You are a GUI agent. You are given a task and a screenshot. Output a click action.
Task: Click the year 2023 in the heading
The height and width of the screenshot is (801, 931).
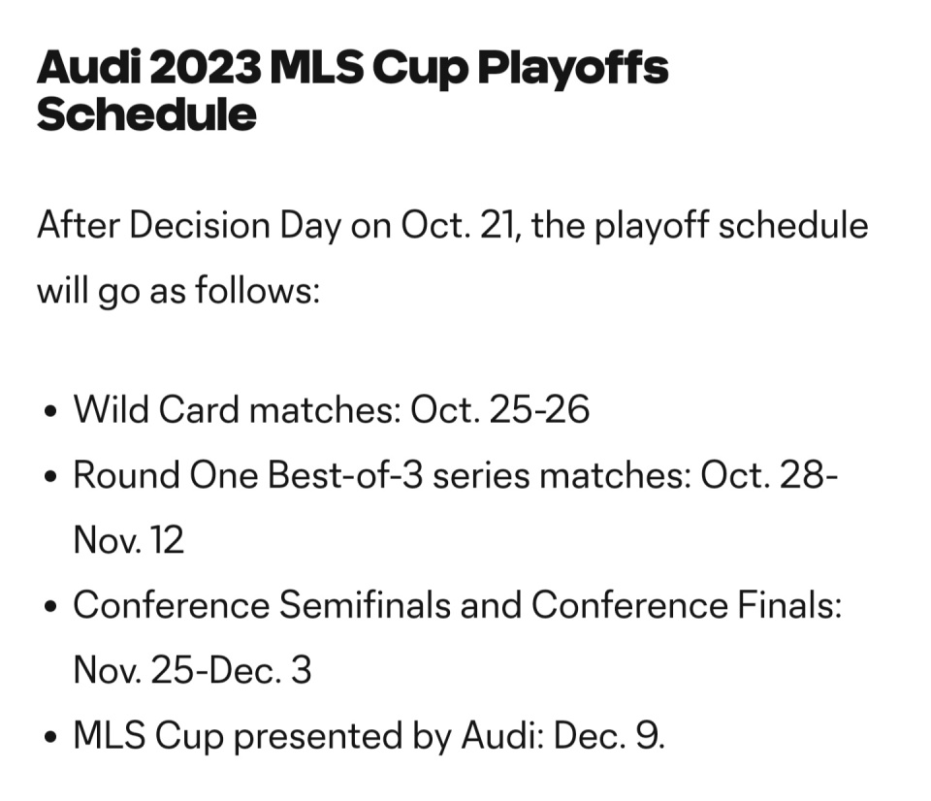tap(206, 68)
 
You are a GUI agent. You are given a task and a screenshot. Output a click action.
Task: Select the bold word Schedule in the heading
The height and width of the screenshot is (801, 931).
tap(146, 114)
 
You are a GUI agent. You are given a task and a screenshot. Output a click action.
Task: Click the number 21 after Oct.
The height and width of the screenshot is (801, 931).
tap(500, 226)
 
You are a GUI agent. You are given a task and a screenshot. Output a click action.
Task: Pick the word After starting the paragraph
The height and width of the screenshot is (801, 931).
tap(79, 226)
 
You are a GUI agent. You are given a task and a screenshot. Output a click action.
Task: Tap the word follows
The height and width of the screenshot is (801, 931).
tap(257, 291)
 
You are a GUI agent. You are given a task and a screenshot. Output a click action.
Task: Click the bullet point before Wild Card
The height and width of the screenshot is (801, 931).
tap(51, 411)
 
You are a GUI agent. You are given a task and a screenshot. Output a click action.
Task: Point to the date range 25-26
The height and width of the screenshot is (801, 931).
tap(539, 409)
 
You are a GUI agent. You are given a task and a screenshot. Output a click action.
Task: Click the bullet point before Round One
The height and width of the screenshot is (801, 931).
tap(51, 477)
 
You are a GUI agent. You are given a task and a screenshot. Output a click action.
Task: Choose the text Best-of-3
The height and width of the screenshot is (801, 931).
tap(345, 475)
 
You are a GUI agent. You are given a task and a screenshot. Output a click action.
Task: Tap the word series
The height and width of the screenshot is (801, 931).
tap(481, 476)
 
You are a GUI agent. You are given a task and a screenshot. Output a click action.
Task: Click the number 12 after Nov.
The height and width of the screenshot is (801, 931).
tap(167, 540)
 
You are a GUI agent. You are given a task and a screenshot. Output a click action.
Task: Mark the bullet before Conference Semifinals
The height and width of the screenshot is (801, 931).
tap(51, 607)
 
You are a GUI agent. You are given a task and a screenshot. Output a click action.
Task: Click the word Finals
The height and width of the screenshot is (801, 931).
tap(789, 605)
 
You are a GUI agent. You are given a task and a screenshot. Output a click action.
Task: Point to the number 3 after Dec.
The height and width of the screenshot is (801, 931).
tap(301, 670)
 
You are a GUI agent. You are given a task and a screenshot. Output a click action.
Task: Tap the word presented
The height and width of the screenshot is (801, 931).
tap(318, 737)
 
